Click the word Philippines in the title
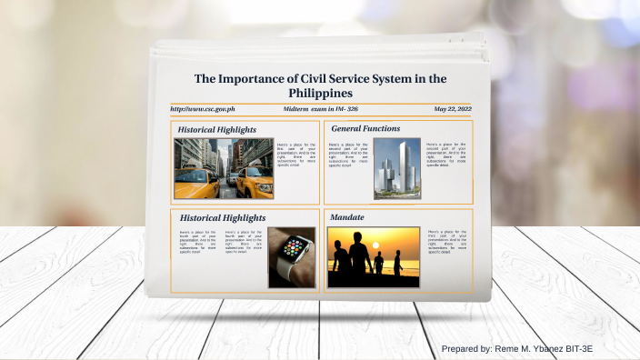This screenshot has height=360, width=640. coord(320,94)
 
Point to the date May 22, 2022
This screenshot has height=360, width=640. coord(452,109)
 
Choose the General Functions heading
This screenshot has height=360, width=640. coord(365,129)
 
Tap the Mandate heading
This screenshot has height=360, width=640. coord(348,218)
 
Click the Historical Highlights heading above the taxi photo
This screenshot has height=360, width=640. coord(217,130)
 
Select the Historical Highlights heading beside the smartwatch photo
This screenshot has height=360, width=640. coord(223,218)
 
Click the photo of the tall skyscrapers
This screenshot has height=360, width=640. coord(396,168)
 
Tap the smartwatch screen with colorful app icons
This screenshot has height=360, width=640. coord(295,246)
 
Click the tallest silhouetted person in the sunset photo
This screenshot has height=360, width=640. coord(359,255)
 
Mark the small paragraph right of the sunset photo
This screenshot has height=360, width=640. coord(447,242)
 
